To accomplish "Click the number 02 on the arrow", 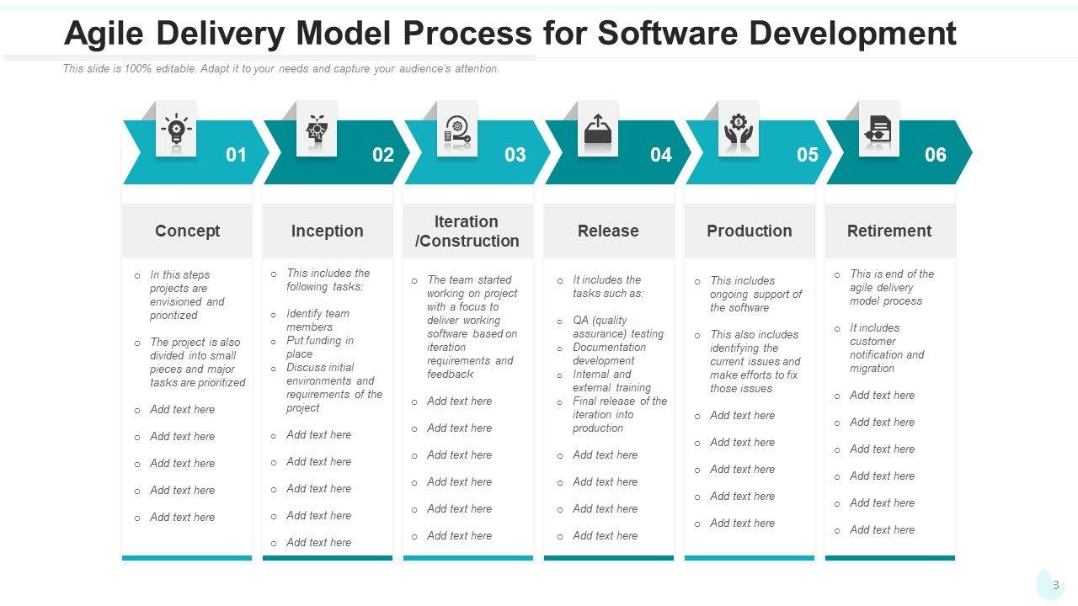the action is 383,155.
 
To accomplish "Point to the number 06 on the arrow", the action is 936,155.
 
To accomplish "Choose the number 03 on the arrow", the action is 515,155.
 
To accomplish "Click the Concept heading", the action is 187,231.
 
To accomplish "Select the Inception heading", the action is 328,231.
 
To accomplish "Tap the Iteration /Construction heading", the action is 467,231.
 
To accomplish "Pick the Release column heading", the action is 608,231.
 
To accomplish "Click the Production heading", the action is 749,231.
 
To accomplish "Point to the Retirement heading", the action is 889,231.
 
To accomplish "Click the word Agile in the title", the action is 106,34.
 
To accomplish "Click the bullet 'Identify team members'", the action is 318,320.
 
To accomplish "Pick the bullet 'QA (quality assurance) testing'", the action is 618,327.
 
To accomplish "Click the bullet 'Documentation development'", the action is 609,353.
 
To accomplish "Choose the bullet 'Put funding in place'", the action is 319,347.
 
